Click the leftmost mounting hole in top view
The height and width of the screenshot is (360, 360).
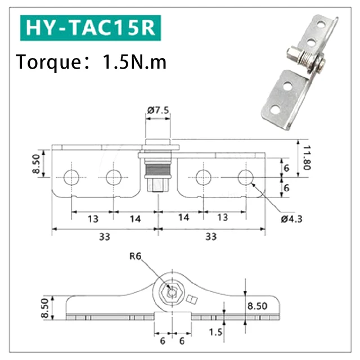click(71, 177)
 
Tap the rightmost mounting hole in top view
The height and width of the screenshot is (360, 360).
click(245, 177)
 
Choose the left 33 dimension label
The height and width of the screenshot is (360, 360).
click(104, 237)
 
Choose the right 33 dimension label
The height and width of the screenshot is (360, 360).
click(210, 237)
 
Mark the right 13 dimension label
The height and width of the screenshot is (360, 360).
click(223, 218)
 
